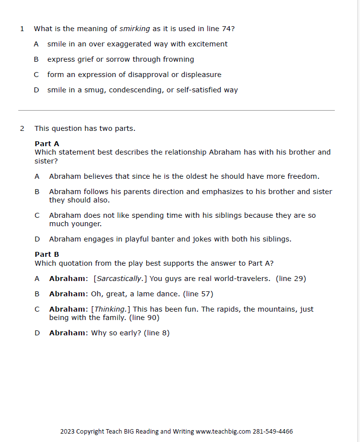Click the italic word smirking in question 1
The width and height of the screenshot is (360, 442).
[x=134, y=29]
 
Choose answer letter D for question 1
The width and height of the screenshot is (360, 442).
[x=36, y=90]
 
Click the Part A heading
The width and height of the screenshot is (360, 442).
[x=47, y=144]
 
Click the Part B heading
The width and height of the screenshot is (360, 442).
[x=47, y=254]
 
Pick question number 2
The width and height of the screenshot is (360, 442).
[x=22, y=128]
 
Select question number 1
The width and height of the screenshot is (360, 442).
[x=22, y=29]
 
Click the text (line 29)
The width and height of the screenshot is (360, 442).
[x=291, y=279]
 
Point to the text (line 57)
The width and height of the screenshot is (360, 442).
[x=198, y=294]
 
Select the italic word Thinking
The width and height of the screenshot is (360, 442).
[x=110, y=309]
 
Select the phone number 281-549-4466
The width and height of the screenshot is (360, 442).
[x=273, y=432]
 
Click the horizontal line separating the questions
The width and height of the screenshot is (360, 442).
[x=176, y=110]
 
